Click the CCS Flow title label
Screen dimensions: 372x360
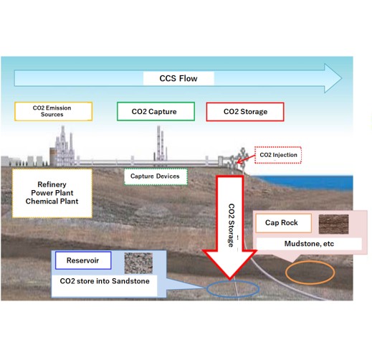click(x=178, y=78)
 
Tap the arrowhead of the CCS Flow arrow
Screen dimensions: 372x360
click(x=333, y=78)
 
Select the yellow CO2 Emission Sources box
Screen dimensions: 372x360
click(x=53, y=111)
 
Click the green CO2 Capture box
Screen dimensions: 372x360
click(x=156, y=111)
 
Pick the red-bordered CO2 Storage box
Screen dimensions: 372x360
click(x=245, y=112)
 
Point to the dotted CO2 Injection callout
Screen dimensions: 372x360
click(x=278, y=155)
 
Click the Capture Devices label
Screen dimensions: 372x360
click(x=156, y=176)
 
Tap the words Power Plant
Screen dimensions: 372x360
click(x=52, y=193)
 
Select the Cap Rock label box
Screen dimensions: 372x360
click(x=284, y=223)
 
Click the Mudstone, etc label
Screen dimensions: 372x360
click(x=309, y=244)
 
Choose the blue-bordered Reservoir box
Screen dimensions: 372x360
click(x=83, y=260)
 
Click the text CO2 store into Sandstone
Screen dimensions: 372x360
click(x=105, y=281)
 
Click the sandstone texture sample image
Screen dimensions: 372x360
click(x=138, y=263)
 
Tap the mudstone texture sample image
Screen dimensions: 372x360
click(x=333, y=224)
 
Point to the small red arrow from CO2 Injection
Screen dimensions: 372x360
click(x=246, y=159)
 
